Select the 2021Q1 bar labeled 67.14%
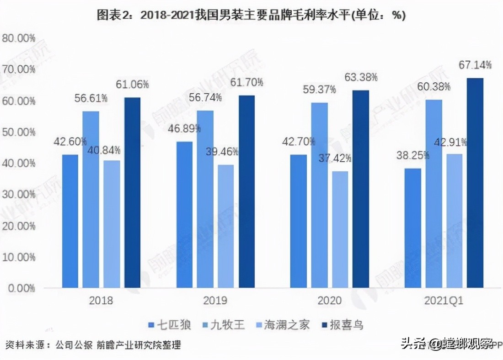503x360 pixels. click(475, 183)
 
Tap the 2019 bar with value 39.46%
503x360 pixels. click(225, 226)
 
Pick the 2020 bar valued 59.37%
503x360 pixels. click(319, 195)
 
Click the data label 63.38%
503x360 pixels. click(361, 77)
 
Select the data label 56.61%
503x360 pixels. click(91, 98)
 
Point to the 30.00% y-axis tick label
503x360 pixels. click(19, 195)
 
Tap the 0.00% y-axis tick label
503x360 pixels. click(21, 288)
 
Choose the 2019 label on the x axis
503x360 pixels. click(215, 301)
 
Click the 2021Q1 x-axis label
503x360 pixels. click(444, 301)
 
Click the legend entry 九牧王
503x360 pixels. click(224, 325)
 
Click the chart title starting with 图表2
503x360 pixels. click(251, 15)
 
